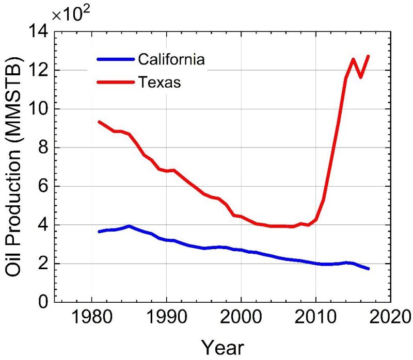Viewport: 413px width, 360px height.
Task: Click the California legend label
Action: coord(171,59)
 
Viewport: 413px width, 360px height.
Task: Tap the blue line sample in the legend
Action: coord(115,59)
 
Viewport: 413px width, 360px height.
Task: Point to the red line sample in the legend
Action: coord(115,81)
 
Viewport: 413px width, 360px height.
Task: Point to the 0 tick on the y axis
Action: coord(43,302)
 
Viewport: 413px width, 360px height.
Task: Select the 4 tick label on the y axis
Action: coord(43,225)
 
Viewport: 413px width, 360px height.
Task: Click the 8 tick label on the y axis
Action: coord(43,148)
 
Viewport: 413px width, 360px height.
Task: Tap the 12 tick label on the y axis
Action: coord(39,70)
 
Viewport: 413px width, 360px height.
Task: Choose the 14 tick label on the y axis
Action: coord(39,31)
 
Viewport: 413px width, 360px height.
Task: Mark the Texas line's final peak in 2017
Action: coord(368,56)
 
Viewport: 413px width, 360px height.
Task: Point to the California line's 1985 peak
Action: coord(129,226)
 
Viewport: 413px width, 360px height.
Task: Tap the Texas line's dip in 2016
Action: coord(361,77)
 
